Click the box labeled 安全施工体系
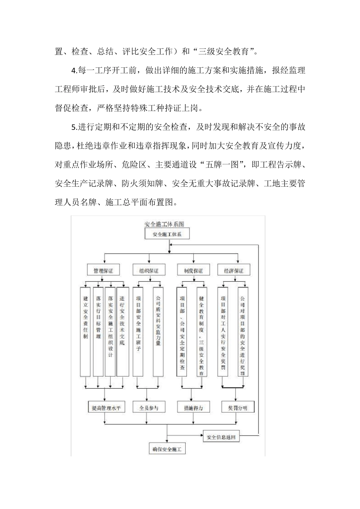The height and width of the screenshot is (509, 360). [167, 234]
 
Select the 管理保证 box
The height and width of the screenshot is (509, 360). [100, 270]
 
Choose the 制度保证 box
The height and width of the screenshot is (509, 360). [193, 270]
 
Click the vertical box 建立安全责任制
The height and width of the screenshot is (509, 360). [85, 332]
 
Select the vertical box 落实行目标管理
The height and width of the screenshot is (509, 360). [99, 332]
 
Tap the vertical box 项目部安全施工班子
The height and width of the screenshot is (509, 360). [138, 332]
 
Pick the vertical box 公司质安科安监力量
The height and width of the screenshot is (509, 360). [158, 332]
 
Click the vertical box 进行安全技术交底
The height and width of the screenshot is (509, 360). [122, 332]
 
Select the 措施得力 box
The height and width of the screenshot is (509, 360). [193, 408]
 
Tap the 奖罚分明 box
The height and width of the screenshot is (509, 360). [238, 408]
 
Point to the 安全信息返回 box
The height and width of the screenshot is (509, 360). [221, 437]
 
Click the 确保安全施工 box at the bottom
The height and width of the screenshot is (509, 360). [167, 450]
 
